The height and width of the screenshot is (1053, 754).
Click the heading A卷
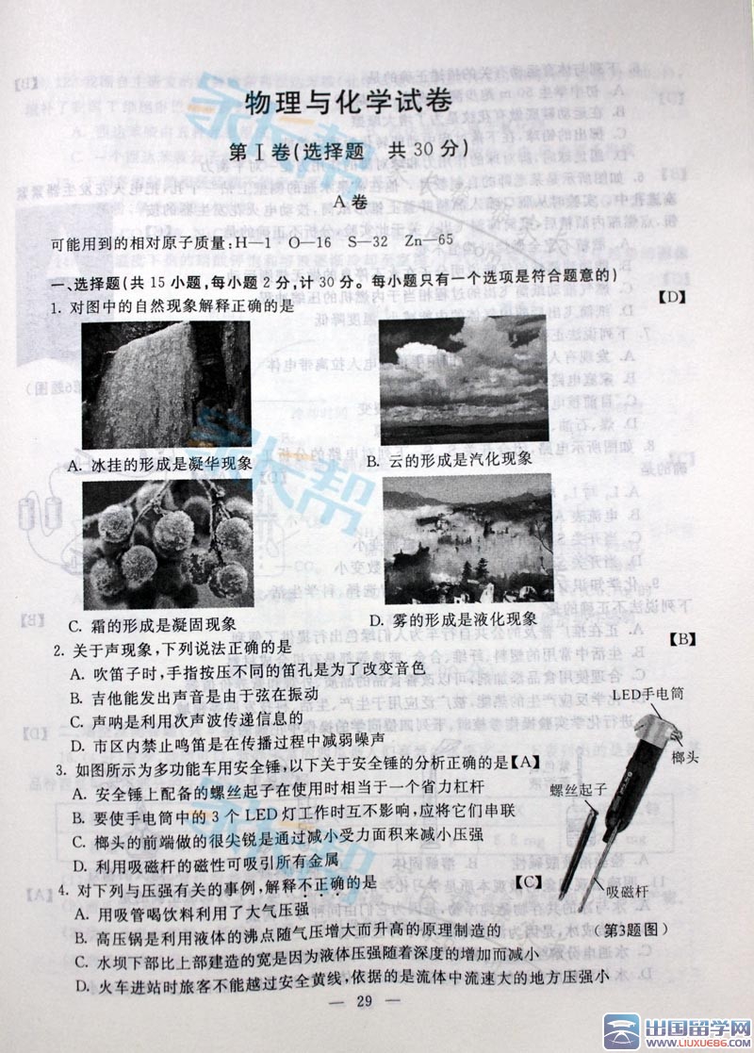(350, 200)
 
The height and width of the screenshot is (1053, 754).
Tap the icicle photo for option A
(166, 385)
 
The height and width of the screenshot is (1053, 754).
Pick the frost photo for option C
(167, 541)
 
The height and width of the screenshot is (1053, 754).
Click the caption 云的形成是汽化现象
(450, 459)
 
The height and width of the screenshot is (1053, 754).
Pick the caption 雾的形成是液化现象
(452, 619)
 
